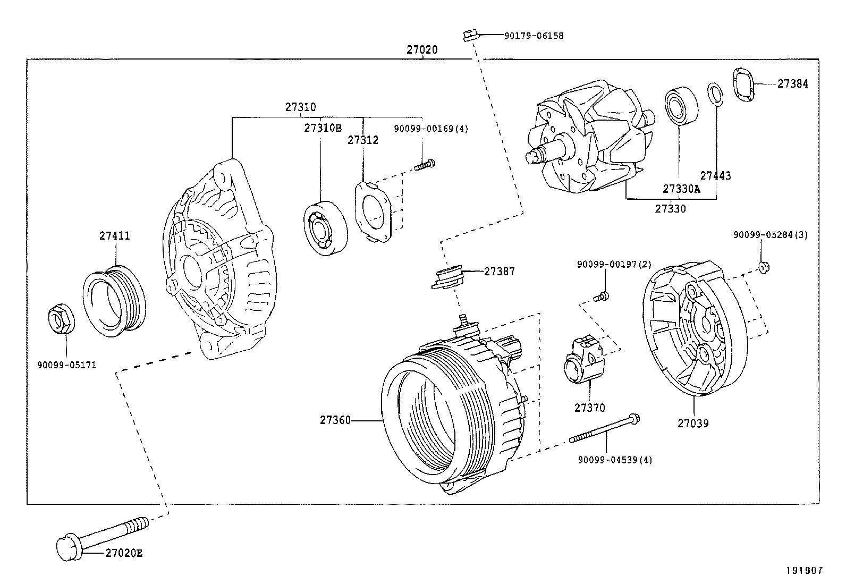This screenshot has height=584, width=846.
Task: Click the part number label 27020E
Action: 123,553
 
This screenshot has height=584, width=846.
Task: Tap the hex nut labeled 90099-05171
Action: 58,318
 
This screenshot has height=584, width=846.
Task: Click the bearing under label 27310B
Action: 325,228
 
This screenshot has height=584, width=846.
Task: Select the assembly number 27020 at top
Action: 422,49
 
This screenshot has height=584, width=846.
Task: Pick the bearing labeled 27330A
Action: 680,105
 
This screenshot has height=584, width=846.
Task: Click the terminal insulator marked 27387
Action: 447,278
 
